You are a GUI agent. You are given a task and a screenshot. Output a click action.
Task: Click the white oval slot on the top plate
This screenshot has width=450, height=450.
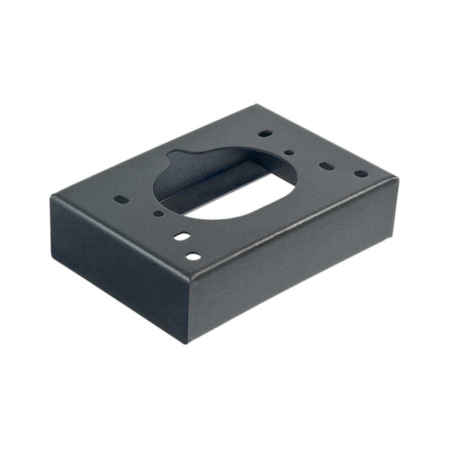182,236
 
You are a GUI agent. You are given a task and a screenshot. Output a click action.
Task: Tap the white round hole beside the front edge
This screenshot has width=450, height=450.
193,256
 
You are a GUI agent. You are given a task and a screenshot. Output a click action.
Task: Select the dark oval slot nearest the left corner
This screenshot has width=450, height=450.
121,199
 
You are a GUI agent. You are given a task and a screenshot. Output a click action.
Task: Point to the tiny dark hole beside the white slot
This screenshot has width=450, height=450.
158,213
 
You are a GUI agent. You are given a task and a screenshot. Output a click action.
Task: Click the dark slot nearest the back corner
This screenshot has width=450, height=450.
265,133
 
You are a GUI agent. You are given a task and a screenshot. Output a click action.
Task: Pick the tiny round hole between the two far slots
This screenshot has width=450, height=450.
289,152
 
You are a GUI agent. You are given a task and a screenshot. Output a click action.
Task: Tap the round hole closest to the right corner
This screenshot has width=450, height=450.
360,173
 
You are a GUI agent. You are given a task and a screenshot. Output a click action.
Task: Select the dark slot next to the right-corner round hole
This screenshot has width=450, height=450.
326,165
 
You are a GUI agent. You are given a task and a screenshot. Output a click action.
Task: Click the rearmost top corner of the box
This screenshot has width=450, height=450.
257,105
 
